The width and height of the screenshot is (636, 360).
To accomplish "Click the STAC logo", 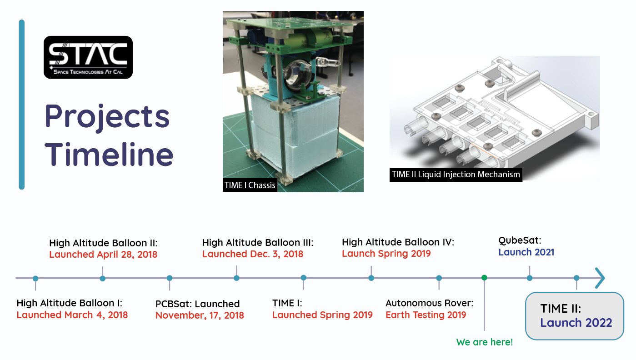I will tap(88, 57).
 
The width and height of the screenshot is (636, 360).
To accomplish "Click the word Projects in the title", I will tap(107, 116).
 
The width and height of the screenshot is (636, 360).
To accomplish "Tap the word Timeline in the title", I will tap(109, 155).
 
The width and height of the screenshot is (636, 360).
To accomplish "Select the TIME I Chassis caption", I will tap(250, 185).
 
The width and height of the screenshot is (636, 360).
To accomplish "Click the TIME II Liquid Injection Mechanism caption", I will tap(456, 175).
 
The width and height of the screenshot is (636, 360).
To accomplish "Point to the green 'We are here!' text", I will tap(484, 342).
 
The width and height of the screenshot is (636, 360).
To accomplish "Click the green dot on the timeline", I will tap(484, 278).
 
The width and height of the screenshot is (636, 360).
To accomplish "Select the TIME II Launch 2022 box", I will tap(575, 316).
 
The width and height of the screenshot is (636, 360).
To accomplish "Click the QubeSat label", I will tap(520, 240).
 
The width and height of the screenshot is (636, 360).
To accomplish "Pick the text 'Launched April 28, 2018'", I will tap(103, 254).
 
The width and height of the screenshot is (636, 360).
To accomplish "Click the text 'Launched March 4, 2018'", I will tap(72, 315).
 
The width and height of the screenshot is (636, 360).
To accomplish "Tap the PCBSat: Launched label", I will tap(197, 304).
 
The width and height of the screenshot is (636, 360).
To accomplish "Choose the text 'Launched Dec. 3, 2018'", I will tap(253, 254).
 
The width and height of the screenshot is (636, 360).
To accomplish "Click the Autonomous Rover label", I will tap(429, 303).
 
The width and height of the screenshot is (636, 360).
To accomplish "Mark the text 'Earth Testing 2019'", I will tap(426, 315).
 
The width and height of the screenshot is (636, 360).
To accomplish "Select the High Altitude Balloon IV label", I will tap(398, 242).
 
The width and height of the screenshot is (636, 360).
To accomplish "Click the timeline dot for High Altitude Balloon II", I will tap(103, 278).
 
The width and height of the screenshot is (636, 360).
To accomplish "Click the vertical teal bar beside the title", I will tap(21, 105).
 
